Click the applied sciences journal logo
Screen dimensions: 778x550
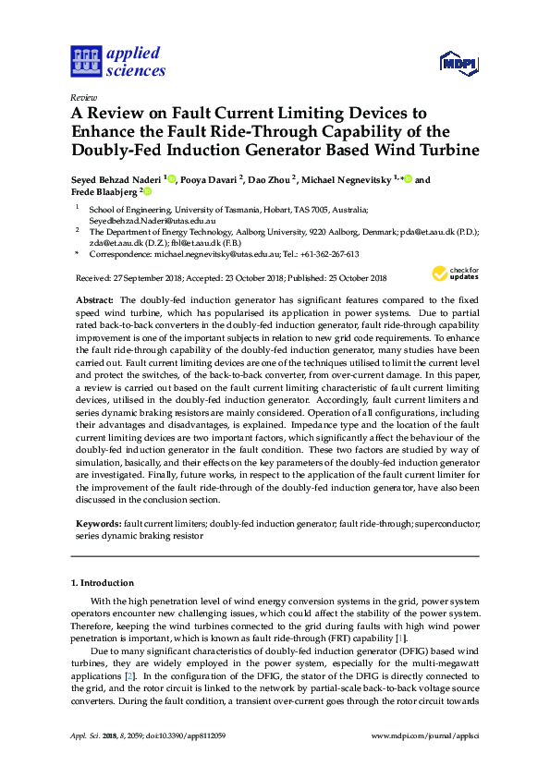pyautogui.click(x=117, y=61)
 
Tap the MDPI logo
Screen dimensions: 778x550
pyautogui.click(x=458, y=63)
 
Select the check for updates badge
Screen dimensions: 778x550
pyautogui.click(x=455, y=273)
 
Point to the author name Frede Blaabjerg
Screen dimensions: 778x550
pyautogui.click(x=105, y=193)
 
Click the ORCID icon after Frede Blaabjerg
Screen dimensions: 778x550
pyautogui.click(x=146, y=192)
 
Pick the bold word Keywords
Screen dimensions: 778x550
pyautogui.click(x=98, y=523)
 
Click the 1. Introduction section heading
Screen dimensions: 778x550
pyautogui.click(x=103, y=583)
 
